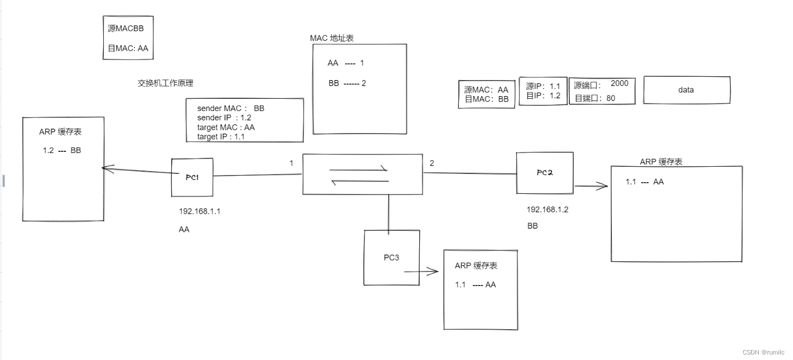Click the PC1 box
(192, 177)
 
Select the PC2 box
(544, 173)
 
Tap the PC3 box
(392, 258)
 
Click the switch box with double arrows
(362, 174)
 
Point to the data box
(686, 90)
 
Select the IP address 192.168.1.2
(547, 209)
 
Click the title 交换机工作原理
(166, 83)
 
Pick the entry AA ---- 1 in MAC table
(346, 63)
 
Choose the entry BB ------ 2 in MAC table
(347, 83)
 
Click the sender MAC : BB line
(231, 109)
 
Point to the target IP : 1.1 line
(221, 136)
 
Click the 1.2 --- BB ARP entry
(62, 150)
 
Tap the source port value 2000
(620, 83)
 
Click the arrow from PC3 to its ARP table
(421, 271)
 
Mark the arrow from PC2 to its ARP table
(591, 187)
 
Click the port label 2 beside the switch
(432, 163)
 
